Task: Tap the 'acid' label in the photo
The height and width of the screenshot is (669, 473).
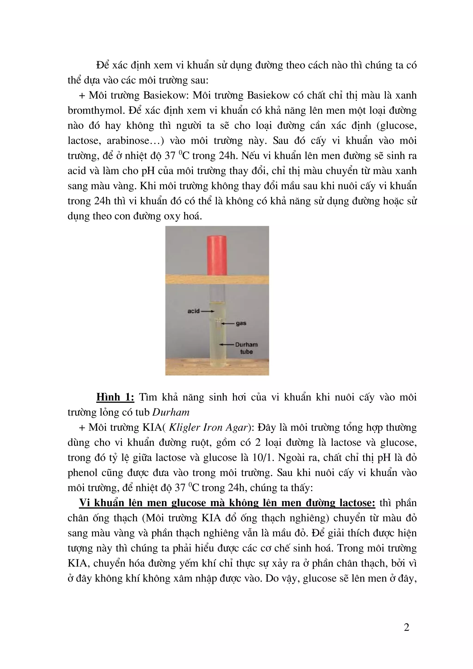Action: (x=194, y=311)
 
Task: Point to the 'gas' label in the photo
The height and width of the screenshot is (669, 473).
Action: (x=241, y=323)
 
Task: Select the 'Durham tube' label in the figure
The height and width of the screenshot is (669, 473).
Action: (x=246, y=348)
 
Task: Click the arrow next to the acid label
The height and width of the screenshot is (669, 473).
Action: (x=207, y=311)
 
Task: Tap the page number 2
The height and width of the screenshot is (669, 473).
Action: (x=406, y=627)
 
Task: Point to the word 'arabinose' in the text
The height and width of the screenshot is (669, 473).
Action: (x=128, y=141)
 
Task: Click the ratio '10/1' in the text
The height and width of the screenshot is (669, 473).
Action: (x=265, y=458)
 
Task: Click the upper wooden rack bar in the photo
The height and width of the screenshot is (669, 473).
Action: (x=217, y=279)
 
